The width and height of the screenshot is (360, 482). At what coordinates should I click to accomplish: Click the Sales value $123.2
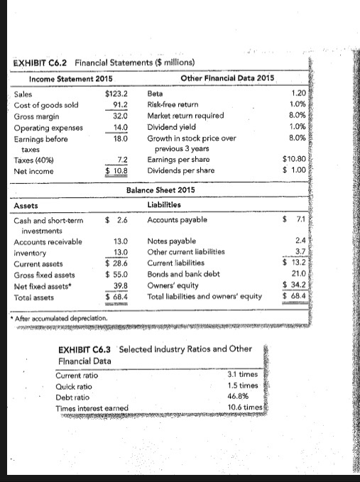coord(116,92)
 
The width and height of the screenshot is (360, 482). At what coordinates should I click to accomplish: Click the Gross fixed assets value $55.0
coord(116,273)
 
